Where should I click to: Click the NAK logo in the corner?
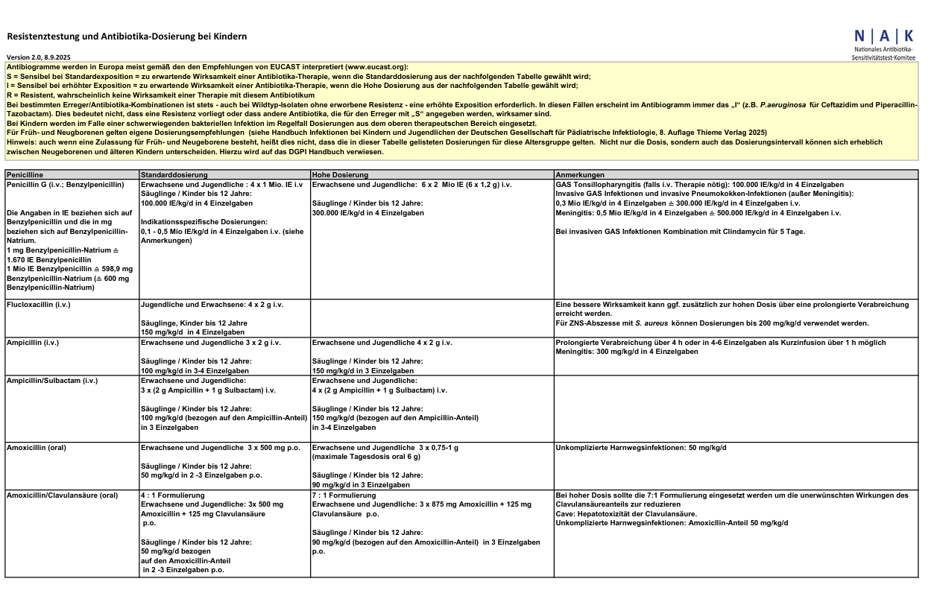tap(884, 43)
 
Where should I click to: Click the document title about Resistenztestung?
tap(127, 36)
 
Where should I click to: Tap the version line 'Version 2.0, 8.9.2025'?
tap(39, 57)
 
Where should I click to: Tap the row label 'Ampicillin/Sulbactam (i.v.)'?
tap(51, 380)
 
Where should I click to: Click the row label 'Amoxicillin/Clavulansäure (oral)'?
tap(62, 495)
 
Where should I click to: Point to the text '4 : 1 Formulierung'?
tap(172, 495)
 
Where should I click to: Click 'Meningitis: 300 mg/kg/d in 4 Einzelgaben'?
tap(627, 352)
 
